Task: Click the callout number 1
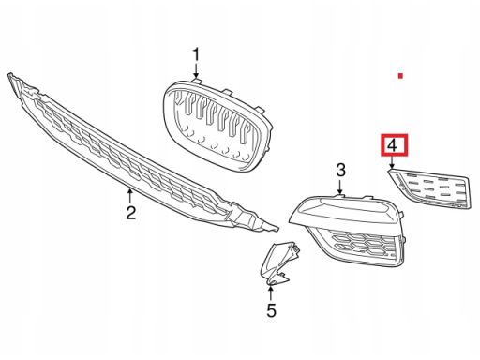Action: click(196, 55)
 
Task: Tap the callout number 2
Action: click(131, 212)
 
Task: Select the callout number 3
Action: click(340, 171)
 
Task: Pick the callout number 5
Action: click(271, 310)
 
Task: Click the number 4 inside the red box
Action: click(392, 145)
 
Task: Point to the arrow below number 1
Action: click(196, 70)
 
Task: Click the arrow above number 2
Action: click(130, 196)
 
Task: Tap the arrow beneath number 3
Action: click(340, 186)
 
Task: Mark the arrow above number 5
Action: click(271, 292)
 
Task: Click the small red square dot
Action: click(400, 76)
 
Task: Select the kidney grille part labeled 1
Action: click(217, 125)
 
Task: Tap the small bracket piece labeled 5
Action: click(279, 262)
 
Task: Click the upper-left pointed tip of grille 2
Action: click(9, 74)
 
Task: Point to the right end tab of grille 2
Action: click(271, 228)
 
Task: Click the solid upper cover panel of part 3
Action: click(345, 209)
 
